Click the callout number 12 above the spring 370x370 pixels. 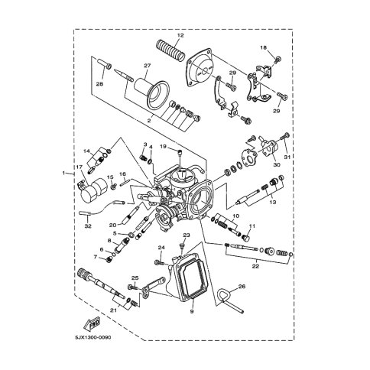pos(180,35)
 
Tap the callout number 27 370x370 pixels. pos(148,66)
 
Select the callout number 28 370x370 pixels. pos(100,84)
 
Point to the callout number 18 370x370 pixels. pos(263,47)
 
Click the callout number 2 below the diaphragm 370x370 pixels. pos(149,120)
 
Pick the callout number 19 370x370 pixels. pos(163,146)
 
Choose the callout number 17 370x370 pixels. pos(78,167)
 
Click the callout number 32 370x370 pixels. pos(88,226)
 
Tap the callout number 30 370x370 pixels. pos(277,165)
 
